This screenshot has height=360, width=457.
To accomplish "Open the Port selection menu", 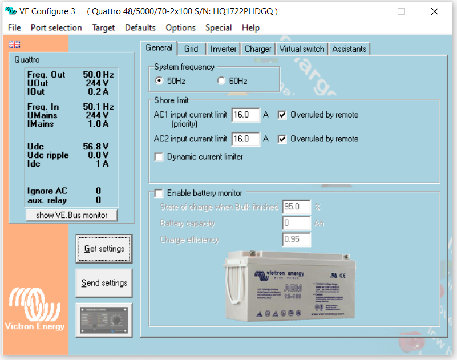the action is point(56,27).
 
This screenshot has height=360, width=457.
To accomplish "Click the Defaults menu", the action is point(140,27).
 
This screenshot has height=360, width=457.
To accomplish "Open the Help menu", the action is point(250,27).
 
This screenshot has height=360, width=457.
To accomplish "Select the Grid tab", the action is point(191,49).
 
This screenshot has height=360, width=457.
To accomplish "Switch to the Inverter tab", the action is point(223,49).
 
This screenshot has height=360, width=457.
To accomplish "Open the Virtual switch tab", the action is point(302,49).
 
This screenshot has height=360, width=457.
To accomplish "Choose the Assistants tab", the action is point(349,49).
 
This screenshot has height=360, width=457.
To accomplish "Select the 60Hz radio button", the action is point(221,81).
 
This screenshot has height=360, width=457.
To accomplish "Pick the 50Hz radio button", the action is point(159,81).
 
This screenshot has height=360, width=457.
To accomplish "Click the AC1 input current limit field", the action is point(245,115).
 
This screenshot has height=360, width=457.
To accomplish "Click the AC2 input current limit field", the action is point(245,139).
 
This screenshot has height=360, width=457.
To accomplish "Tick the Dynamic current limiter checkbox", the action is point(159,157).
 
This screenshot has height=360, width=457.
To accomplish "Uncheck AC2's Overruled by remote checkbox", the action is point(282,139).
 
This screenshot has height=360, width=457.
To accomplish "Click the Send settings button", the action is point(104,283).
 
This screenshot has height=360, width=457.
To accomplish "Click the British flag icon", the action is point(14,45).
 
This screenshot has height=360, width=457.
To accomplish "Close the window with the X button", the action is point(435,11).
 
